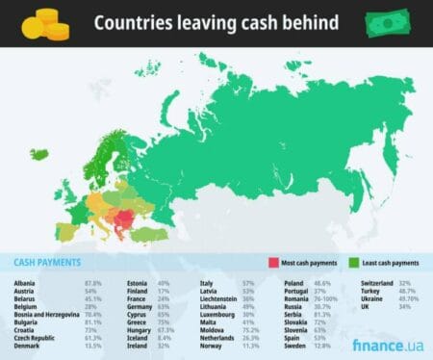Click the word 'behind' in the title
point(307,23)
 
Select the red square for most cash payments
point(273,262)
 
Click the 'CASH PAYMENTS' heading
point(48,262)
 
